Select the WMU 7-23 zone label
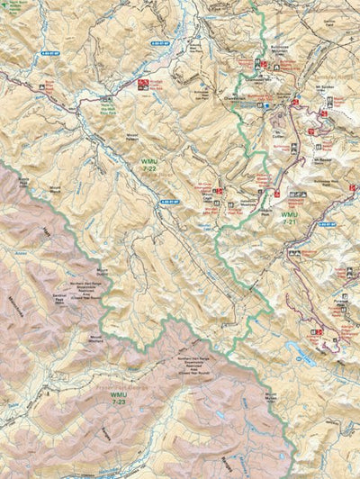(118, 397)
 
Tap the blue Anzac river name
(19, 253)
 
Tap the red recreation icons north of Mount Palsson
(143, 84)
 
